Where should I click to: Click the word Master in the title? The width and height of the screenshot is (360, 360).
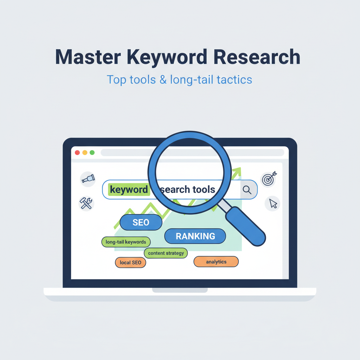[88, 57]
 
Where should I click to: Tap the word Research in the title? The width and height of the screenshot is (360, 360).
[257, 57]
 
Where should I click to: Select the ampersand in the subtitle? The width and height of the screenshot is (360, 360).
[163, 80]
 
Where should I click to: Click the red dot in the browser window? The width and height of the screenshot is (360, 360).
[77, 153]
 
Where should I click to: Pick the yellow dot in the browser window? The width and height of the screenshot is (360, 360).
[85, 153]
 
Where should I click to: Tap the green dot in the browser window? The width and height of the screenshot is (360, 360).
[92, 153]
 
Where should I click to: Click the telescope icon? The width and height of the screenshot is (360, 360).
[88, 179]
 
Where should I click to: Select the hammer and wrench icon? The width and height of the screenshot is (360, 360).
[86, 203]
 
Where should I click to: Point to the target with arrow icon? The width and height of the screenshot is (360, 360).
[269, 179]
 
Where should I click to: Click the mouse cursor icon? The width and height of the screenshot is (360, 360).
[273, 204]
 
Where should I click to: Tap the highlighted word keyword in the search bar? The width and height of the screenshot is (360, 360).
[129, 189]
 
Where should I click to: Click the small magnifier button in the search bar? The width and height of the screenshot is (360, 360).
[247, 189]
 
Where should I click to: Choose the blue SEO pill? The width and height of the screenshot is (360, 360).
[141, 222]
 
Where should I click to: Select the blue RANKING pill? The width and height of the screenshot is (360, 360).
[195, 236]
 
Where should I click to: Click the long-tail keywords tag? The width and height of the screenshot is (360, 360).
[126, 242]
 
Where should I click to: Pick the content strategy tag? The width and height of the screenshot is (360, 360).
[166, 253]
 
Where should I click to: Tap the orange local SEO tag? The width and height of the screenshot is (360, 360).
[130, 262]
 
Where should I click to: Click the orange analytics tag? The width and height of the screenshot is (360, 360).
[216, 262]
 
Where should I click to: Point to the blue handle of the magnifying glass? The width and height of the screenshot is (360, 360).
[246, 226]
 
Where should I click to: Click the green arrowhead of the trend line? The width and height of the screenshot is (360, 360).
[238, 171]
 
